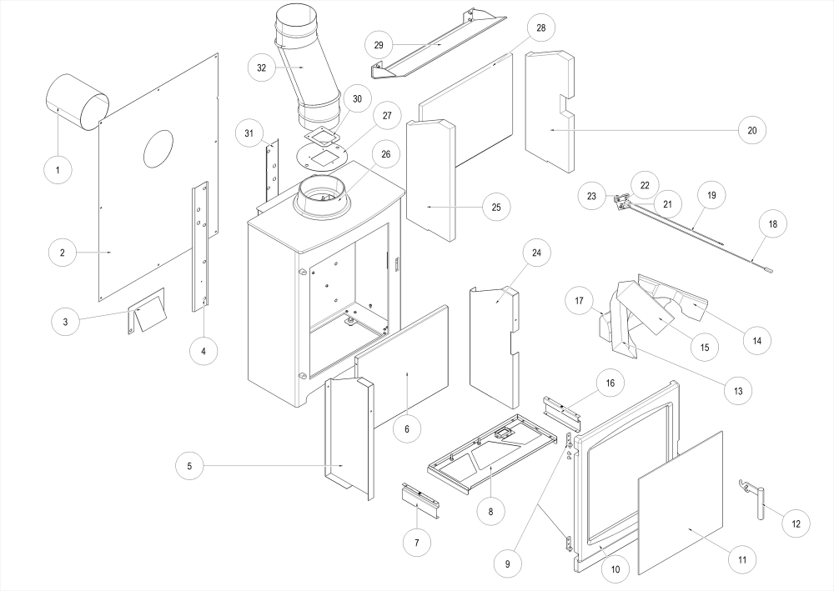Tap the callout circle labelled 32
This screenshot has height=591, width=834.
click(262, 68)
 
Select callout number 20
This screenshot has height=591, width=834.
click(751, 130)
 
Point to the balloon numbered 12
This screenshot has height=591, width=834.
click(796, 523)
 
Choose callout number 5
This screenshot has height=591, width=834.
click(189, 465)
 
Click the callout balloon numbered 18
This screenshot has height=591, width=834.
click(772, 224)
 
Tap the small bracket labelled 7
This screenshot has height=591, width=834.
click(415, 499)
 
